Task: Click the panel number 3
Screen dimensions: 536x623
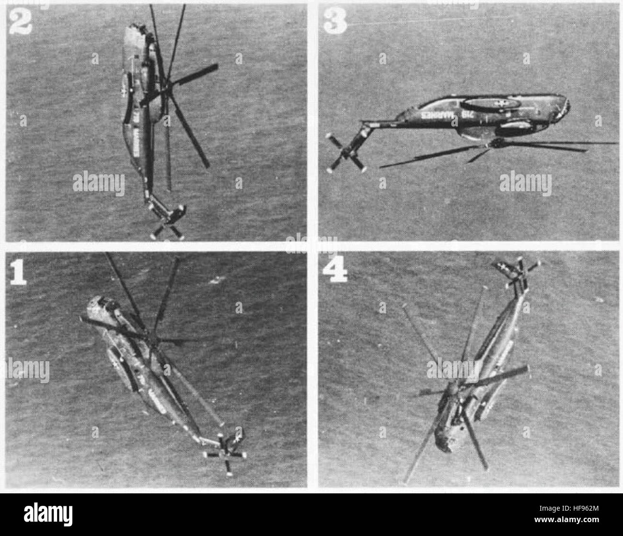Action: [x=335, y=21]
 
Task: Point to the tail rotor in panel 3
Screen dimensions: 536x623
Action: [x=344, y=153]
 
